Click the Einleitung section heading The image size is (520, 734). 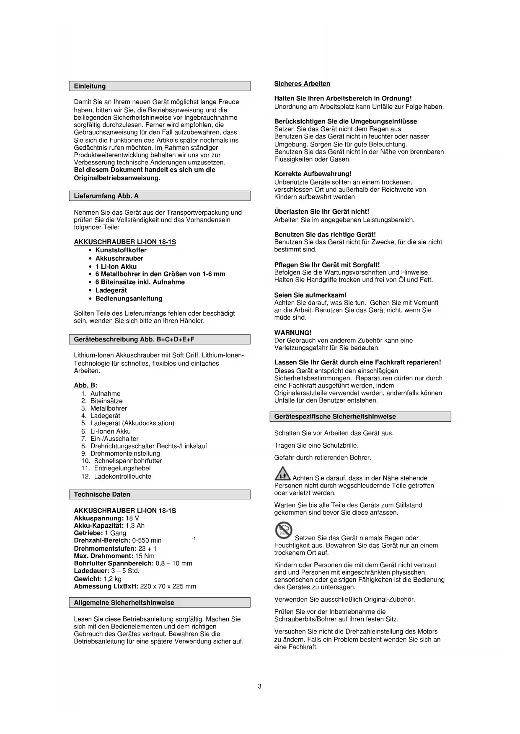pos(90,86)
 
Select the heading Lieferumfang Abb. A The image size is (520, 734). pos(106,196)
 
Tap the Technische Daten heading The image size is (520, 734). pos(102,494)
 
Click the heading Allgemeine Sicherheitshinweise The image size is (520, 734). pos(124,603)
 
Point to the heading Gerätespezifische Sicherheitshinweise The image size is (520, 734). pos(335,416)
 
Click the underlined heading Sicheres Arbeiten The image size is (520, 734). pos(302,84)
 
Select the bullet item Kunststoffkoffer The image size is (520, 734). pos(121,250)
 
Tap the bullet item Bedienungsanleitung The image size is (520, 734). pos(129,298)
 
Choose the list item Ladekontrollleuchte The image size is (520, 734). pos(122,476)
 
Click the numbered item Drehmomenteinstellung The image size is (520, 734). pos(125,453)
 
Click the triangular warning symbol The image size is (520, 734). pos(282,474)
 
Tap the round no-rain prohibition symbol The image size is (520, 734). pos(284,531)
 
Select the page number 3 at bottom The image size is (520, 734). pos(260,686)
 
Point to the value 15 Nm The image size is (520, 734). pos(145,556)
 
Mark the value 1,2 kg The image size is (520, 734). pos(112,579)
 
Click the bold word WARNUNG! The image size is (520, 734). pos(293,333)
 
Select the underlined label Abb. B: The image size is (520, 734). pos(85,385)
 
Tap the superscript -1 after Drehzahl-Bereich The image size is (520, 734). pos(194,538)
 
